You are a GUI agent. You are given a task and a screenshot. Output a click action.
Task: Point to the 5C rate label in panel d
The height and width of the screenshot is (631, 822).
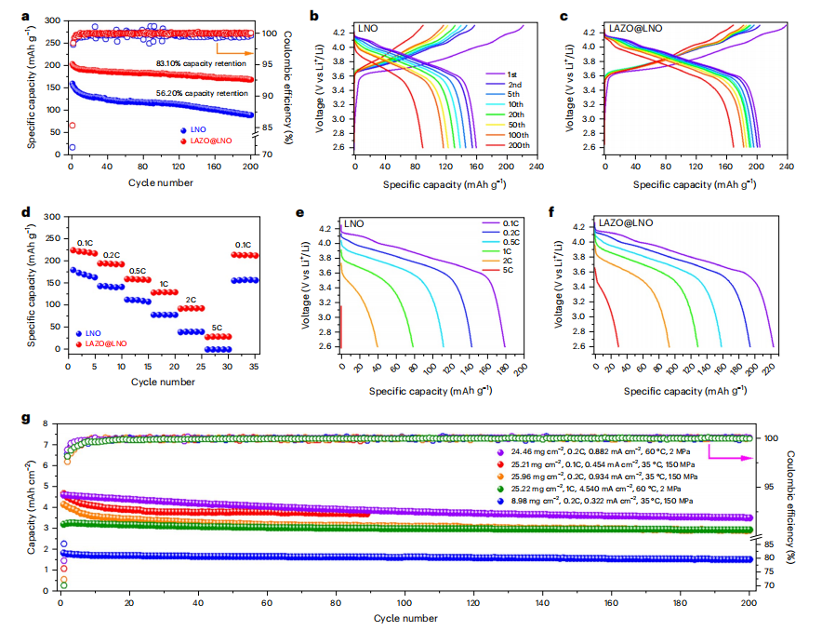pyautogui.click(x=217, y=327)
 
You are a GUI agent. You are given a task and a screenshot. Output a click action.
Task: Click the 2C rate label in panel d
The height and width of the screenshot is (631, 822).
pyautogui.click(x=191, y=300)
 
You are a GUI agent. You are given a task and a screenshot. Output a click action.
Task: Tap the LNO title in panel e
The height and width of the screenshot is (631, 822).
pyautogui.click(x=354, y=224)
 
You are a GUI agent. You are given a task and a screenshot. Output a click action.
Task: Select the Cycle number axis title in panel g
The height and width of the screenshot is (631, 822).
pyautogui.click(x=404, y=617)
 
